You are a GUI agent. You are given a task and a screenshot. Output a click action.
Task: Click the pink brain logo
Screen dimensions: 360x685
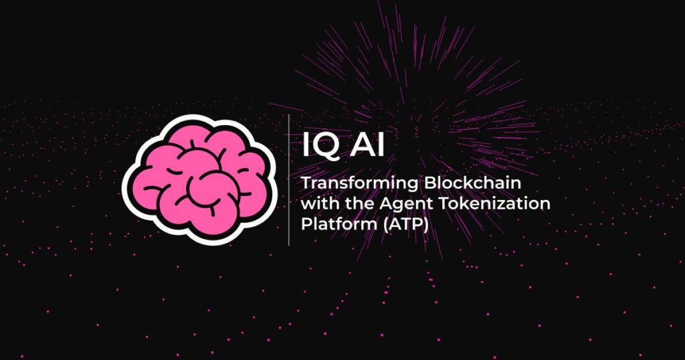pyautogui.click(x=199, y=179)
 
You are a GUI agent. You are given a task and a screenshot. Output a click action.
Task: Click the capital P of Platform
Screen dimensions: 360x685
pyautogui.click(x=306, y=223)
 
